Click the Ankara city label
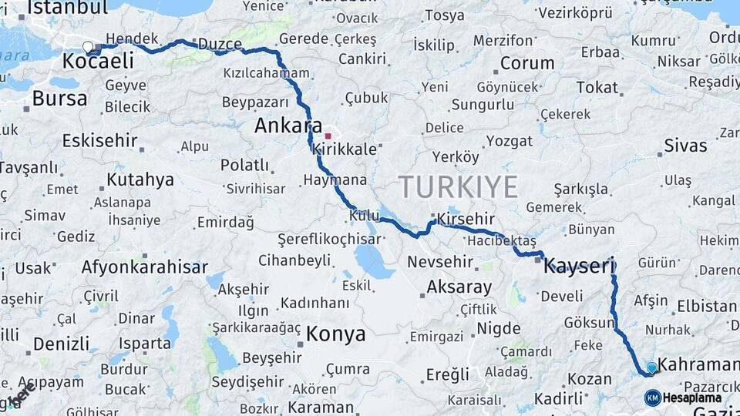click(288, 126)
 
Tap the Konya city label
click(335, 334)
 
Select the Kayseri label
click(579, 267)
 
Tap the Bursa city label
click(59, 99)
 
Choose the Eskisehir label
click(99, 141)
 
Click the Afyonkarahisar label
click(145, 267)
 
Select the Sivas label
click(684, 145)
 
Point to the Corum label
click(527, 63)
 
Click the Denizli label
click(61, 344)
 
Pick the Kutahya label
click(140, 180)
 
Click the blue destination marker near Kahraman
click(652, 368)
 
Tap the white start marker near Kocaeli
click(88, 47)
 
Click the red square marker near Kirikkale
click(328, 136)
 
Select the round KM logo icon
click(652, 398)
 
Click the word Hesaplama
click(692, 398)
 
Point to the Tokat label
click(597, 87)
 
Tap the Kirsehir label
click(465, 219)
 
